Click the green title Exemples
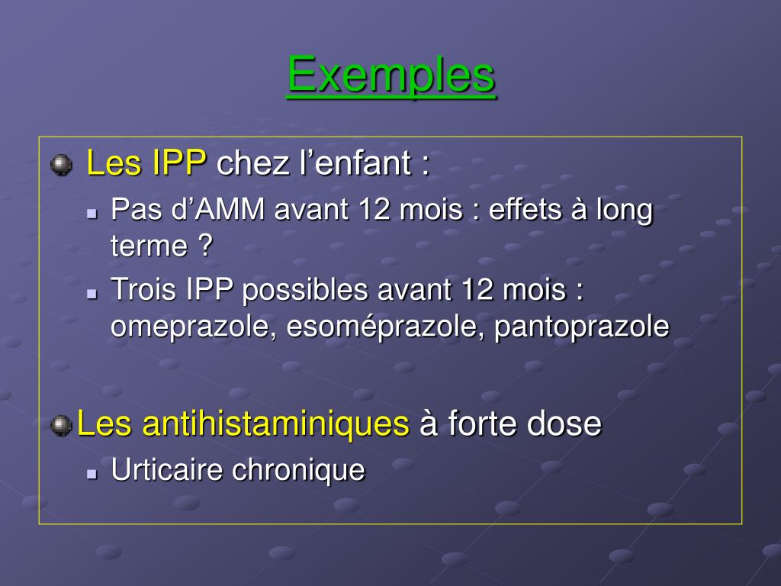tap(391, 75)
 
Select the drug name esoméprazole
tap(386, 327)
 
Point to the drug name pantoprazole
tap(582, 327)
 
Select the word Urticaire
tap(168, 469)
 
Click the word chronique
tap(298, 469)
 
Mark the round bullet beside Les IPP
tap(61, 164)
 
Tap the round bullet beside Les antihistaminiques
tap(61, 424)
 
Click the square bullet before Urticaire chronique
tap(92, 473)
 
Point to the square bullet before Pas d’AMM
tap(92, 214)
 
